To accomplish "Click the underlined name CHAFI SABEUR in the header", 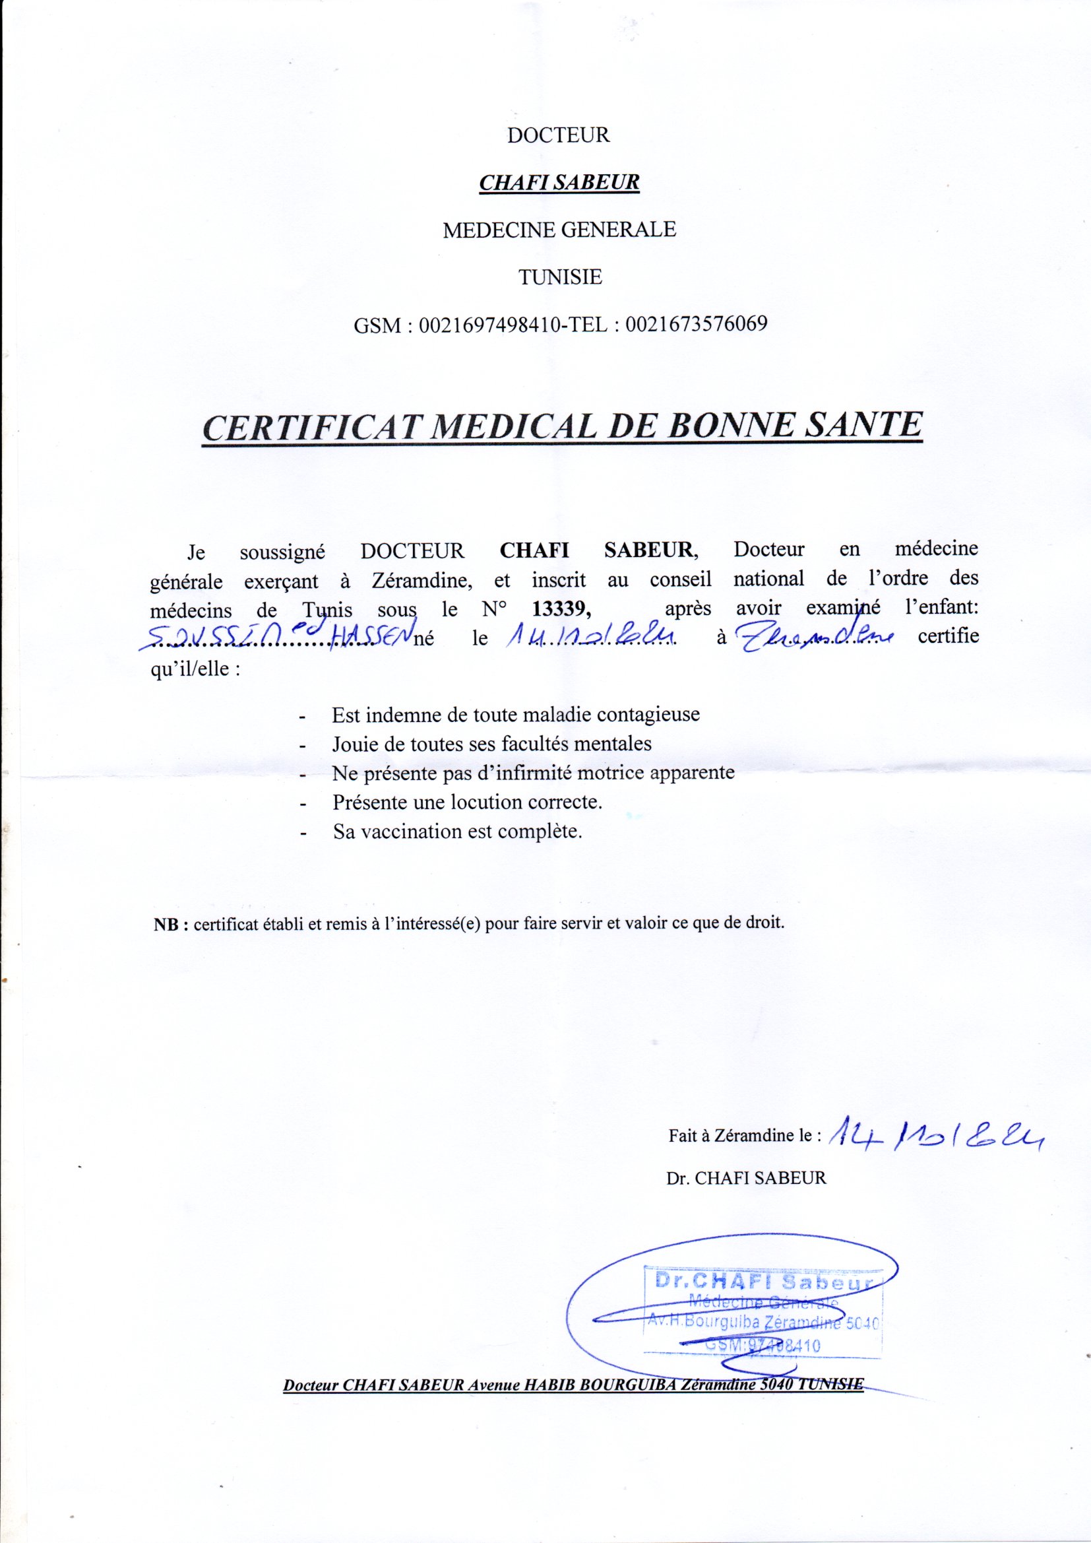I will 558,183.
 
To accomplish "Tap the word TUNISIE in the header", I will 559,277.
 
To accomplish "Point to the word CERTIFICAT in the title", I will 310,428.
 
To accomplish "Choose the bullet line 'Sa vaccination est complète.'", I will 457,832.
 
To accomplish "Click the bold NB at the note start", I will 170,924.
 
